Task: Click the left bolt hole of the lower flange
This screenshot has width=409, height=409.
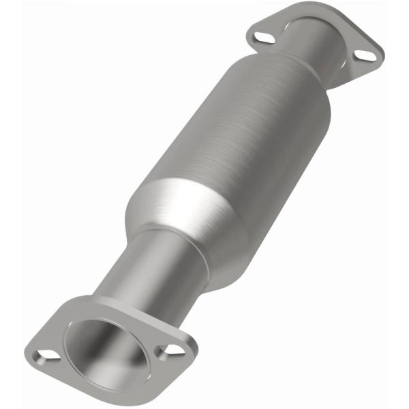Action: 45,355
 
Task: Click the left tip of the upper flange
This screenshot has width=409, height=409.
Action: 249,31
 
